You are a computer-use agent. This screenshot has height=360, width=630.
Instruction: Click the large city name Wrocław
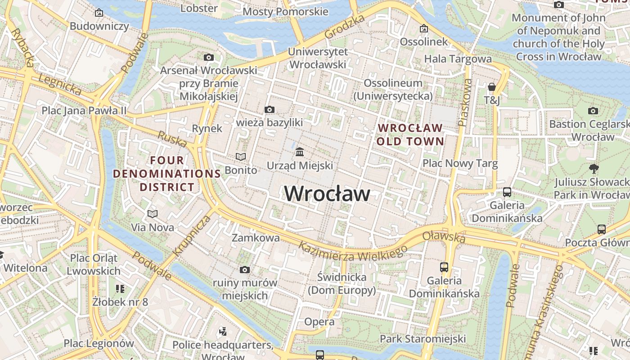pos(328,194)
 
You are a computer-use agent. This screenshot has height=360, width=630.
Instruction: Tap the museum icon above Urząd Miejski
pos(300,152)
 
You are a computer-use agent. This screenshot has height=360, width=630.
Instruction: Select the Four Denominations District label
pos(167,174)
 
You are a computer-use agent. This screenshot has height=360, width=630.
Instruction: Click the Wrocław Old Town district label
pos(410,135)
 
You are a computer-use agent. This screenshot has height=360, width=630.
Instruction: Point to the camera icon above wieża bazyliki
pos(270,109)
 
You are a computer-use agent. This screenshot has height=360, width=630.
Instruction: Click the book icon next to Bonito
pos(241,157)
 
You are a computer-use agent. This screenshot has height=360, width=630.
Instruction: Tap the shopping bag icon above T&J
pos(492,86)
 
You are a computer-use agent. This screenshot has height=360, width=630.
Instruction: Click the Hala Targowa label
pos(458,59)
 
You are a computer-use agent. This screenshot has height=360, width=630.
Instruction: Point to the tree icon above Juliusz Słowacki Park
pos(594,169)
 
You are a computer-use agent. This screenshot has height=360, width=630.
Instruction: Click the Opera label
pos(319,322)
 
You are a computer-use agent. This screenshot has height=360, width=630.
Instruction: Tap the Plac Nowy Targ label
pos(460,163)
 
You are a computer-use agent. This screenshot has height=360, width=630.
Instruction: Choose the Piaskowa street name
pos(465,103)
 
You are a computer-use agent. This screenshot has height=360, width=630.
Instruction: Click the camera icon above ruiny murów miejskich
pos(245,270)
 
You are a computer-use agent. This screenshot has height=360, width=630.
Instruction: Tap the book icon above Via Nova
pos(153,214)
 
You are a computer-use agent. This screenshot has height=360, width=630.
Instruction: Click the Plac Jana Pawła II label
pos(84,111)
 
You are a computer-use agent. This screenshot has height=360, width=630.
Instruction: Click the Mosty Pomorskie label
pos(285,12)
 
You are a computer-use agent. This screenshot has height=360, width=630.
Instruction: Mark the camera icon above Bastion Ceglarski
pos(593,111)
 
